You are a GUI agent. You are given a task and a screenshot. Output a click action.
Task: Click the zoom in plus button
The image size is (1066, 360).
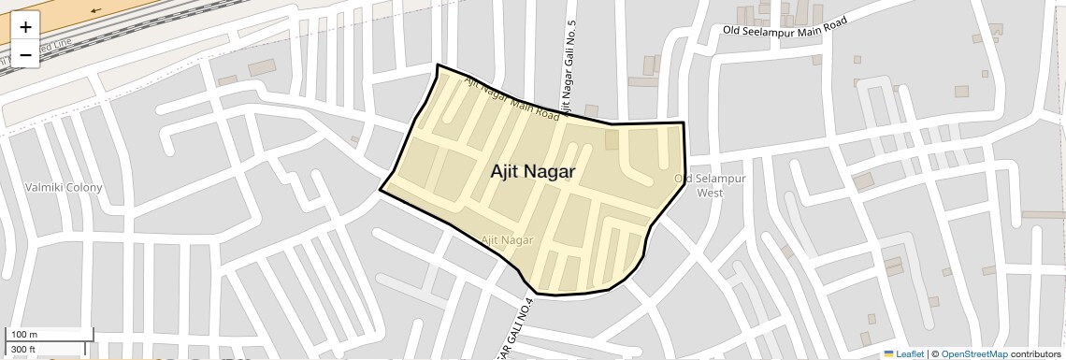click(x=25, y=27)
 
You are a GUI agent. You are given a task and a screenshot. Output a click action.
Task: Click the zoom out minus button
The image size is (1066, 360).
click(x=25, y=54)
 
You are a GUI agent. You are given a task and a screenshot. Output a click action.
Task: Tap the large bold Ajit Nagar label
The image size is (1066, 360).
click(x=532, y=172)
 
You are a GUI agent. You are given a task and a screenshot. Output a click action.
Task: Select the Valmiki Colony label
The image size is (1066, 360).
click(x=64, y=188)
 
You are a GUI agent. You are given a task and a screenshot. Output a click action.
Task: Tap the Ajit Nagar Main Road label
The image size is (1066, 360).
click(x=511, y=99)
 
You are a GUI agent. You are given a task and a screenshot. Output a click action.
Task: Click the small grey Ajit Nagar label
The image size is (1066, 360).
click(x=507, y=240)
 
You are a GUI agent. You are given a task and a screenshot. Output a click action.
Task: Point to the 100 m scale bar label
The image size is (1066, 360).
click(x=24, y=335)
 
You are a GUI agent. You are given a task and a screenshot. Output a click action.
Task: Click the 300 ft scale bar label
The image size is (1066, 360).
click(x=22, y=350)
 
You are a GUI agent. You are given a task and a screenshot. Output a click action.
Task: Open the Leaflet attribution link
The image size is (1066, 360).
click(x=903, y=353)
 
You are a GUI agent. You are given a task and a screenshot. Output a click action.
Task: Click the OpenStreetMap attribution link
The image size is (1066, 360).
click(x=973, y=353)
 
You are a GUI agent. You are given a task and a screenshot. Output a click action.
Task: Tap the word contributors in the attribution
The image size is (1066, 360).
click(x=1035, y=353)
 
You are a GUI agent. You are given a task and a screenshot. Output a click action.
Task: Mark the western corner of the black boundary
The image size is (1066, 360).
click(x=380, y=190)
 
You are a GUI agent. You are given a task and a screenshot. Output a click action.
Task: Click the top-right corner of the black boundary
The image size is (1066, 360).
click(x=684, y=122)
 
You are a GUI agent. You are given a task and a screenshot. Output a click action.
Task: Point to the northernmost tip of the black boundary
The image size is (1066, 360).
click(x=438, y=65)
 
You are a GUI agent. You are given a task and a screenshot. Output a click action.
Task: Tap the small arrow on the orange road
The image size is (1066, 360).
click(x=96, y=10)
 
